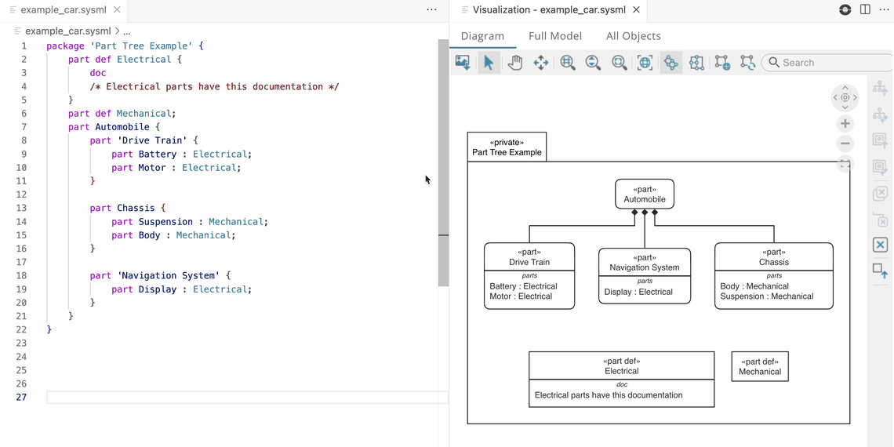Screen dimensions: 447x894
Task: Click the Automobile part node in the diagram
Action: click(644, 194)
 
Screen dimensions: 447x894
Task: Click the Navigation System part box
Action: click(645, 263)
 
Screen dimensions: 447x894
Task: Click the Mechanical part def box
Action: click(759, 366)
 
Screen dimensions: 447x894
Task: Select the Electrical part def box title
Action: click(621, 366)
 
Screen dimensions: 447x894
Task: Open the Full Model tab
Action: click(554, 36)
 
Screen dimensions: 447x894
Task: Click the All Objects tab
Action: click(633, 36)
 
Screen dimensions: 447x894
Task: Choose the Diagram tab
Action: click(482, 36)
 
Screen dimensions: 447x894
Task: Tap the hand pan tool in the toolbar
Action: click(514, 63)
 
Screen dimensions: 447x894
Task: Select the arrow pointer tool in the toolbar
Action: click(489, 63)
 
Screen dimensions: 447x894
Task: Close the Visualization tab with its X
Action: click(636, 10)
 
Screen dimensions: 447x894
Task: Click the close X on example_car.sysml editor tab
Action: click(117, 10)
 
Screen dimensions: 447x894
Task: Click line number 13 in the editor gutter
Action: click(21, 208)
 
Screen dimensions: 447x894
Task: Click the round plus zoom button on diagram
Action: click(845, 124)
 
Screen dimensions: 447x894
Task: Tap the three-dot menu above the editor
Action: click(431, 10)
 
